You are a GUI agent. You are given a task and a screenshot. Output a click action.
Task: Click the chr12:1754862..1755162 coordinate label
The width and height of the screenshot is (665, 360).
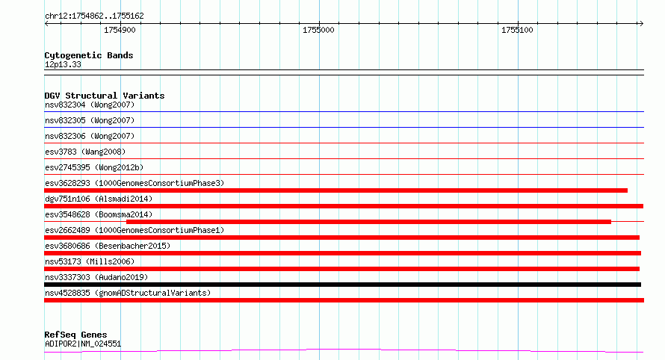point(94,16)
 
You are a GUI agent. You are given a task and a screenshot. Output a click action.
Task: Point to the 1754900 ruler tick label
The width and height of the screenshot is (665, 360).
point(120,30)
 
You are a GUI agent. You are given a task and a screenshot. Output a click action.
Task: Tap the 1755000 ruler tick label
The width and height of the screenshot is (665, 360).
point(318,30)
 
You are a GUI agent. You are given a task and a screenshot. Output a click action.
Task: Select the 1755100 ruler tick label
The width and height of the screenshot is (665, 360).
point(517,30)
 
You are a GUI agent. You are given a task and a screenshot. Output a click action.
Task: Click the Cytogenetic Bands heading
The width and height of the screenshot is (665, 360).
point(89,55)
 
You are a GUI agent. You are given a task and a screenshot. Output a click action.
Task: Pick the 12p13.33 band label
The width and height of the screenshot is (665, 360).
point(63,64)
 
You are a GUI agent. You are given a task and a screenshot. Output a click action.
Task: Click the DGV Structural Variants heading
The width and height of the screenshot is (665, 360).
point(105,96)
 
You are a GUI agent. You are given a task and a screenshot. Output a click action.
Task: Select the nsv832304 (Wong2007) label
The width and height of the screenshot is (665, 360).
point(90,105)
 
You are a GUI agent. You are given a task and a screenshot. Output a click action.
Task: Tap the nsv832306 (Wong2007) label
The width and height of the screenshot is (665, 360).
point(90,136)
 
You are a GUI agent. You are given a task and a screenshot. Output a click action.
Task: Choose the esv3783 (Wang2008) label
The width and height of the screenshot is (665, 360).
point(85,152)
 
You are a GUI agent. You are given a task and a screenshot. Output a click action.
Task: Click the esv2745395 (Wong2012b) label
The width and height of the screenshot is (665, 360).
point(94,167)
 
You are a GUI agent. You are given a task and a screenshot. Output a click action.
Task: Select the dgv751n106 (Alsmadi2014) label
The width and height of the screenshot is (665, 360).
point(99,199)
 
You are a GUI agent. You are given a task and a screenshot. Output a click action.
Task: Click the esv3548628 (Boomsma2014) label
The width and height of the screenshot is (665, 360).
point(99,214)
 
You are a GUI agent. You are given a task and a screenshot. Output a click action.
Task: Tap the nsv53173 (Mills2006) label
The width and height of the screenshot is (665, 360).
point(90,261)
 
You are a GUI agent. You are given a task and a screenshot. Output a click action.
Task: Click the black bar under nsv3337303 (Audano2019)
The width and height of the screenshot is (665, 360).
point(343,285)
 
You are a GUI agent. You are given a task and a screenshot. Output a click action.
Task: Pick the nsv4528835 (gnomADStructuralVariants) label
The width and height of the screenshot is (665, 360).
point(128,293)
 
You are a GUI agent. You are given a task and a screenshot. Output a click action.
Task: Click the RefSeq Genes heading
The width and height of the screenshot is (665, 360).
point(75,335)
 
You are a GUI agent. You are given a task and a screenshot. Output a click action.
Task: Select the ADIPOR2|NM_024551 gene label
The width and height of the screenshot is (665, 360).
point(83,344)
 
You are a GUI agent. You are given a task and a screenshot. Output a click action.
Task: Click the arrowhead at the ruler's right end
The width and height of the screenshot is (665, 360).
point(642,24)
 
